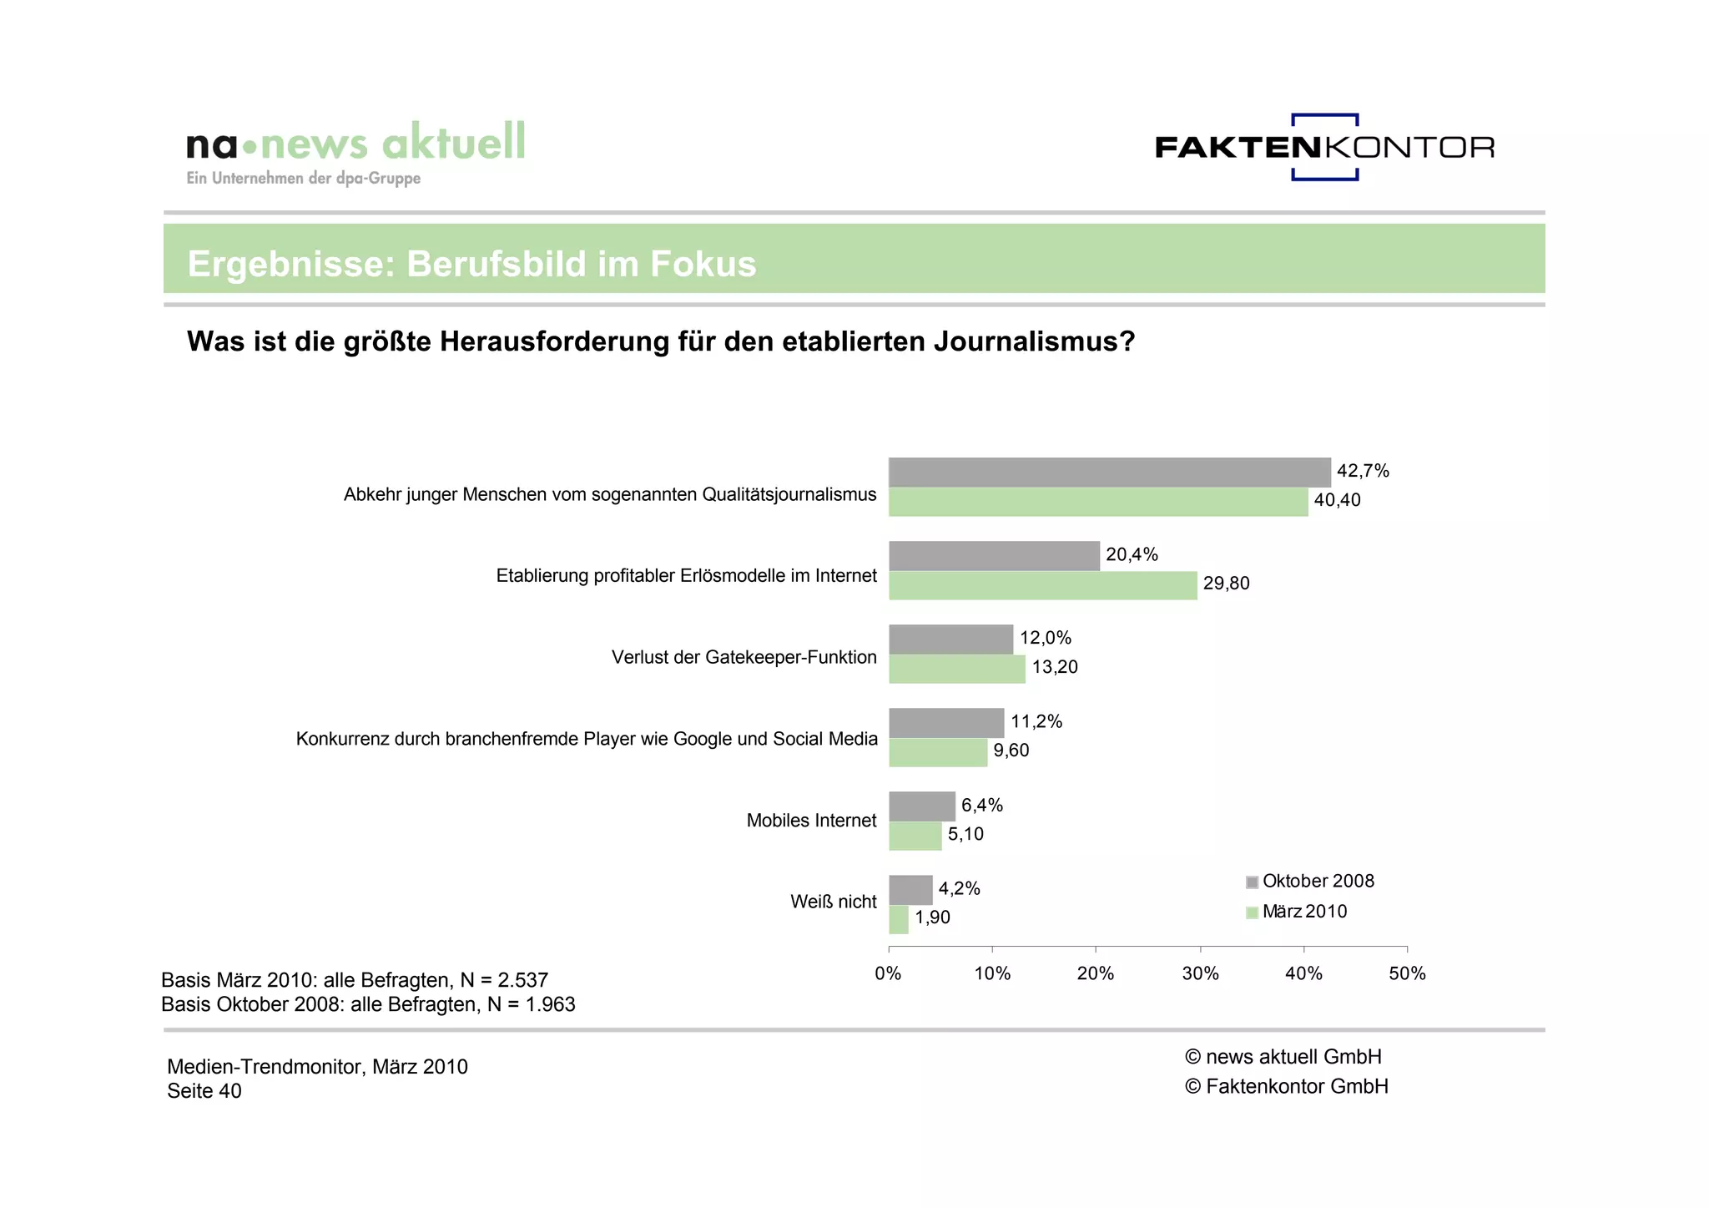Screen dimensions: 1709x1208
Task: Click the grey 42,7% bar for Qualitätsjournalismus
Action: pyautogui.click(x=1109, y=473)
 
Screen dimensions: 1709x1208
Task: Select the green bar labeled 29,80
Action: pyautogui.click(x=1042, y=585)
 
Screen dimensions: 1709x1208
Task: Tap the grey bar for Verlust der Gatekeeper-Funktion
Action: pyautogui.click(x=950, y=639)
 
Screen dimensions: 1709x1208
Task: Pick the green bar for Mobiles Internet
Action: pyautogui.click(x=915, y=836)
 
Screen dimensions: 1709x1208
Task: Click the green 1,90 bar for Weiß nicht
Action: pyautogui.click(x=898, y=919)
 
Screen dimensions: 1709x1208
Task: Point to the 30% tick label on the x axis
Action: pyautogui.click(x=1200, y=973)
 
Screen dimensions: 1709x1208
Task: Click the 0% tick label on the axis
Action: pyautogui.click(x=888, y=973)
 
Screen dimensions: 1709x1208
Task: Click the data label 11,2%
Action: pyautogui.click(x=1036, y=721)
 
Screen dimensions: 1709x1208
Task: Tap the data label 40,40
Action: pyautogui.click(x=1337, y=500)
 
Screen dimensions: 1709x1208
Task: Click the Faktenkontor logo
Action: pyautogui.click(x=1324, y=147)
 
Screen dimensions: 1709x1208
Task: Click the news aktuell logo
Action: pyautogui.click(x=356, y=150)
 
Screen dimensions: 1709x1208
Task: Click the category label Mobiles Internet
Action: pyautogui.click(x=811, y=821)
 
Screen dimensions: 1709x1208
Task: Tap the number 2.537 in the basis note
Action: pyautogui.click(x=522, y=980)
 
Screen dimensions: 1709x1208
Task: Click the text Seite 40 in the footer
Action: pyautogui.click(x=204, y=1091)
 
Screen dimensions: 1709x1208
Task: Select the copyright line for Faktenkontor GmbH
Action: pyautogui.click(x=1286, y=1086)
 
